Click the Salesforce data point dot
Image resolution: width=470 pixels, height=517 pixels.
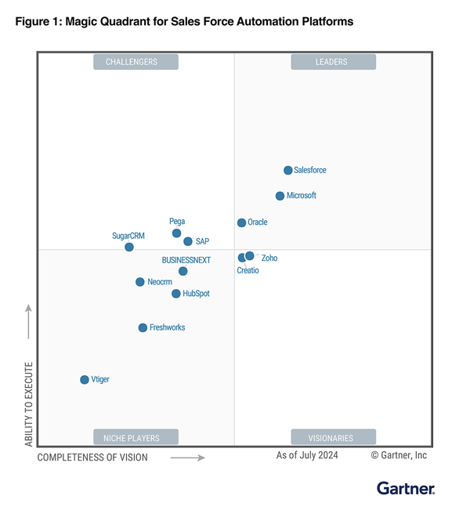point(287,170)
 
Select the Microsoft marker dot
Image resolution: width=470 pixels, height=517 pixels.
point(280,196)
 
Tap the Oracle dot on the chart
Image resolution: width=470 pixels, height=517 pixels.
point(241,222)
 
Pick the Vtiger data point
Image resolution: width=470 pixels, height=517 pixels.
point(85,380)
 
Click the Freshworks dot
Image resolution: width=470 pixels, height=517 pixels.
point(143,327)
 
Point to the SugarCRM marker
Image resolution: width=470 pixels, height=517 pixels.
point(129,247)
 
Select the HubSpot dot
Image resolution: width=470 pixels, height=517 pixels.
point(176,294)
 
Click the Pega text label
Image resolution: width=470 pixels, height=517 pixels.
point(177,222)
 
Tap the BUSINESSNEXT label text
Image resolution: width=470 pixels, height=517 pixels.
point(186,259)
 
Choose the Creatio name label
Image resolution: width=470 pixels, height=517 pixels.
point(248,270)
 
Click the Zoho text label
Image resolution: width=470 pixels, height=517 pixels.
point(269,258)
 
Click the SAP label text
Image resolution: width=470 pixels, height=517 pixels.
point(202,241)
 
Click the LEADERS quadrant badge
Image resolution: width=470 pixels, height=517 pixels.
point(331,62)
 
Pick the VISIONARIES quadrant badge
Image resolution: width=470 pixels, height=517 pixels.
point(331,438)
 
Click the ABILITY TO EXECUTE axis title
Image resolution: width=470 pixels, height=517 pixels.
point(29,404)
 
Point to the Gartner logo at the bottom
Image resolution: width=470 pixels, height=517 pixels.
point(406,489)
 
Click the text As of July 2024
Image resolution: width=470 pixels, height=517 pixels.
point(307,455)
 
